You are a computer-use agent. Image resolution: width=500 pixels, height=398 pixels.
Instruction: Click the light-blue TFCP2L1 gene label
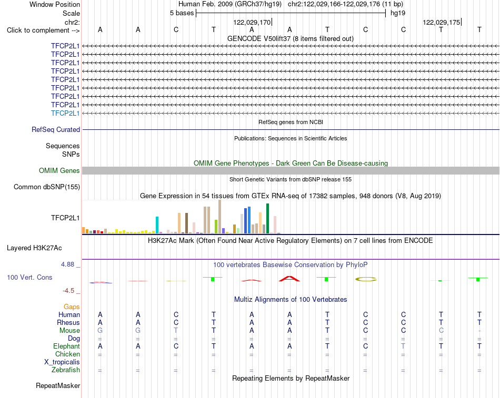tap(65, 113)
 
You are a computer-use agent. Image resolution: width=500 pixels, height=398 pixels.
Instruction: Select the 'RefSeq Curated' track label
tap(56, 130)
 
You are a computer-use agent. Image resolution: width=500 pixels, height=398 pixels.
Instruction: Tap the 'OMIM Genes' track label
tap(59, 170)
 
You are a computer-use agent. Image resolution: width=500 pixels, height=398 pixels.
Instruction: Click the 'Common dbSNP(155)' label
tap(47, 187)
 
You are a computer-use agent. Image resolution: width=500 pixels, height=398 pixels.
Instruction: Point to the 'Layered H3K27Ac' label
tap(34, 248)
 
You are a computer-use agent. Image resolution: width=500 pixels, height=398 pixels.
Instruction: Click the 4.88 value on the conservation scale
tap(67, 264)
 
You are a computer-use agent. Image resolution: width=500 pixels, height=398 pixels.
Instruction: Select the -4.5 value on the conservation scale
tap(68, 291)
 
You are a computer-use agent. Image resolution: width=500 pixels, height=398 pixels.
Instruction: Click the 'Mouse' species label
tap(69, 331)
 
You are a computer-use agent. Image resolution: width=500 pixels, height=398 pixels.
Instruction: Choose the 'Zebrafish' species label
tap(66, 370)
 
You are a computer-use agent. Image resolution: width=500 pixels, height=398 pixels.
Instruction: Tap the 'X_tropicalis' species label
tap(62, 362)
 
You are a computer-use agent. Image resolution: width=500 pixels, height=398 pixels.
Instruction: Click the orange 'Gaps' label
tap(72, 307)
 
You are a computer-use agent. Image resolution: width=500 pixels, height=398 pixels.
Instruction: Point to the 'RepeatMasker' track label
tap(58, 386)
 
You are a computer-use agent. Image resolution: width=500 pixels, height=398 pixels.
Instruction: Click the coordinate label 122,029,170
tap(252, 22)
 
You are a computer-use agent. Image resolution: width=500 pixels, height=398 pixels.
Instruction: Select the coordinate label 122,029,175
tap(442, 22)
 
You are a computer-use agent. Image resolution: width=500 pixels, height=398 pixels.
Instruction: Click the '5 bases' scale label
tap(182, 13)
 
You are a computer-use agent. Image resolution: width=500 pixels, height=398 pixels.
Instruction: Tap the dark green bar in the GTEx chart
tap(268, 219)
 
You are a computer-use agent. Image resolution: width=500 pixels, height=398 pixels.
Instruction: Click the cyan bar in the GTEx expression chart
tap(157, 225)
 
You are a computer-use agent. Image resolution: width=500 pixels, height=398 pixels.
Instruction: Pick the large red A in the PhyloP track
tap(289, 279)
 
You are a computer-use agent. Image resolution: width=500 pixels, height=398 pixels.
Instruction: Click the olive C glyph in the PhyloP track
tap(366, 280)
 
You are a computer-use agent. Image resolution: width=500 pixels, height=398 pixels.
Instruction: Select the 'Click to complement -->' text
tap(43, 30)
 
